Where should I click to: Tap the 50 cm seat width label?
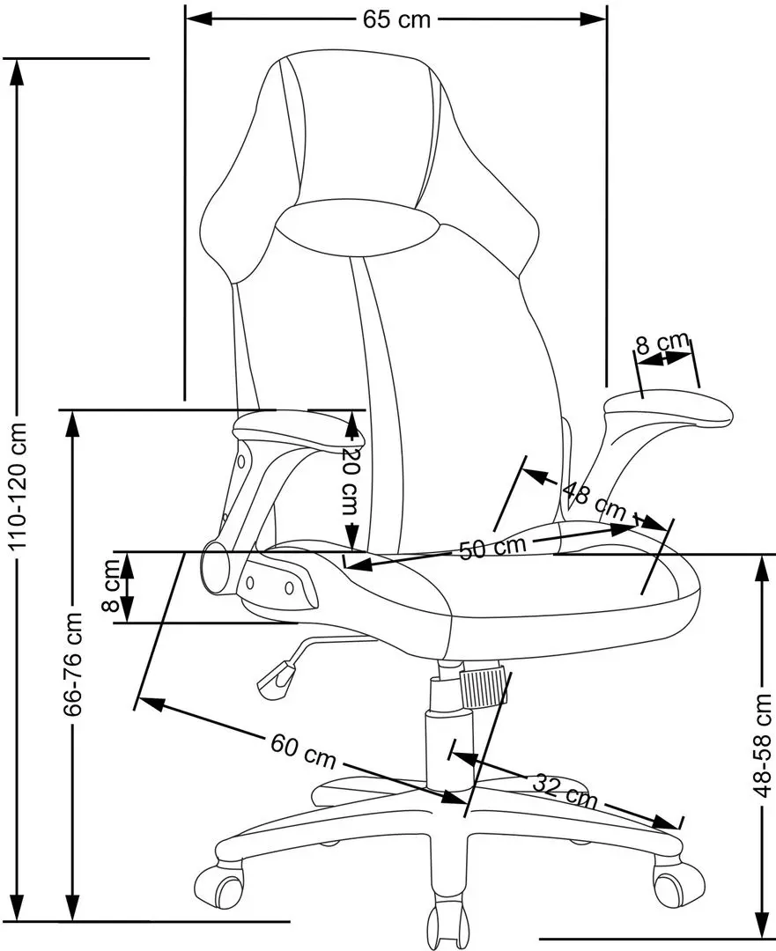click(492, 547)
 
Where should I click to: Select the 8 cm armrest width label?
click(661, 343)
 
